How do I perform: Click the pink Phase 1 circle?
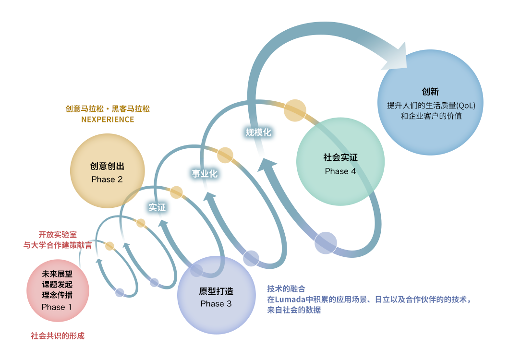click(x=58, y=290)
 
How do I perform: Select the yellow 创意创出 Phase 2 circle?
click(x=107, y=170)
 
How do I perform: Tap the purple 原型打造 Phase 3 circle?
click(x=216, y=295)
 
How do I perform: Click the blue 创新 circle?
click(x=430, y=103)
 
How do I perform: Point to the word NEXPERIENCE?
click(x=108, y=120)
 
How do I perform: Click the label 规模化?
click(x=258, y=132)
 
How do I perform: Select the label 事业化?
click(x=205, y=174)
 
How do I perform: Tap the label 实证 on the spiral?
click(x=157, y=207)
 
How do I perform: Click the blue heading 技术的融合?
click(x=286, y=289)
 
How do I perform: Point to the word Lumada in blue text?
click(x=290, y=300)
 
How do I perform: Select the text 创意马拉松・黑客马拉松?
click(x=108, y=109)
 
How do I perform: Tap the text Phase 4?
click(x=340, y=171)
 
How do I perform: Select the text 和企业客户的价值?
click(x=431, y=116)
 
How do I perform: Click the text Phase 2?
click(x=107, y=180)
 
